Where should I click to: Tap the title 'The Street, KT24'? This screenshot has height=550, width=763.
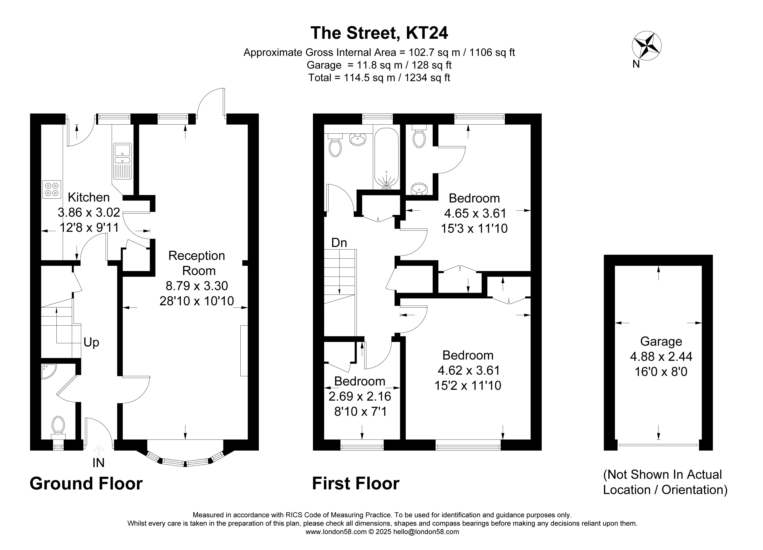point(379,33)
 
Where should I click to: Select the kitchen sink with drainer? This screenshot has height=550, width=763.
point(122,161)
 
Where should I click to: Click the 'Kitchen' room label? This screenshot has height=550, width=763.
point(89,197)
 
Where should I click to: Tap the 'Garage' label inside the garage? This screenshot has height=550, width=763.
point(661,341)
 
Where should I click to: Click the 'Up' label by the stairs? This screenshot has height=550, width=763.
point(91,343)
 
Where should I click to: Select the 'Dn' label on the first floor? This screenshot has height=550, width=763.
point(339,243)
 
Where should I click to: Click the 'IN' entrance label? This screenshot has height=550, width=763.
point(99,463)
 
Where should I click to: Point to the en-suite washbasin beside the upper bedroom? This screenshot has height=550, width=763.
point(419,189)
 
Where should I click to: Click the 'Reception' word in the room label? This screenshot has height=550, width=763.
point(197,256)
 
